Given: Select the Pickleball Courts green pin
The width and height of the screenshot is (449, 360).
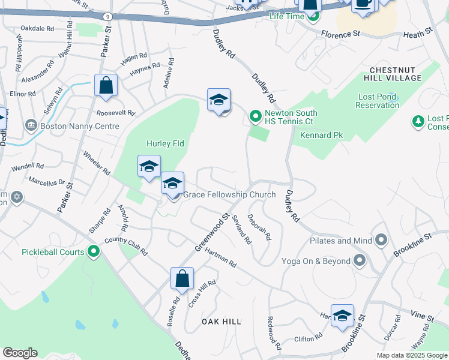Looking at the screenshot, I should click(93, 251).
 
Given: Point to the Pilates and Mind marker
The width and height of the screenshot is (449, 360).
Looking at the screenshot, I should click(381, 241).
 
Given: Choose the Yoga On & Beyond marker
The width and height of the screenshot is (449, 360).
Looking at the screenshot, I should click(360, 260).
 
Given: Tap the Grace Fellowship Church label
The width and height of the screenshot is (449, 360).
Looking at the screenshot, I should click(229, 194).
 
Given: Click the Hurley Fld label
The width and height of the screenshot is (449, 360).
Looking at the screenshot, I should click(165, 143).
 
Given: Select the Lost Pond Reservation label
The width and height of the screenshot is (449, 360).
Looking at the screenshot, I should click(377, 101).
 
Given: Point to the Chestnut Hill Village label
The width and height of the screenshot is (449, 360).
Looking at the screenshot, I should click(392, 74).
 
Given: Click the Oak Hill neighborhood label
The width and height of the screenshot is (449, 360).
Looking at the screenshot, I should click(221, 322).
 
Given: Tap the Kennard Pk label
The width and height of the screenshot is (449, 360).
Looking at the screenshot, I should click(321, 136).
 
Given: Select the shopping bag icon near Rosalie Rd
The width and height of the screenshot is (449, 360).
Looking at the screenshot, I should click(182, 278).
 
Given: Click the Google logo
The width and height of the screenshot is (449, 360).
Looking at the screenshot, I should click(20, 353).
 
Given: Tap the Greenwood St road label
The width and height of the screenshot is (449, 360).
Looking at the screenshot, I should click(212, 233).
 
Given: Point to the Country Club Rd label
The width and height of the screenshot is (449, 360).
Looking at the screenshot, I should click(125, 246).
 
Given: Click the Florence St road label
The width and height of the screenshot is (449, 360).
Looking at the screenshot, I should click(340, 34).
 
